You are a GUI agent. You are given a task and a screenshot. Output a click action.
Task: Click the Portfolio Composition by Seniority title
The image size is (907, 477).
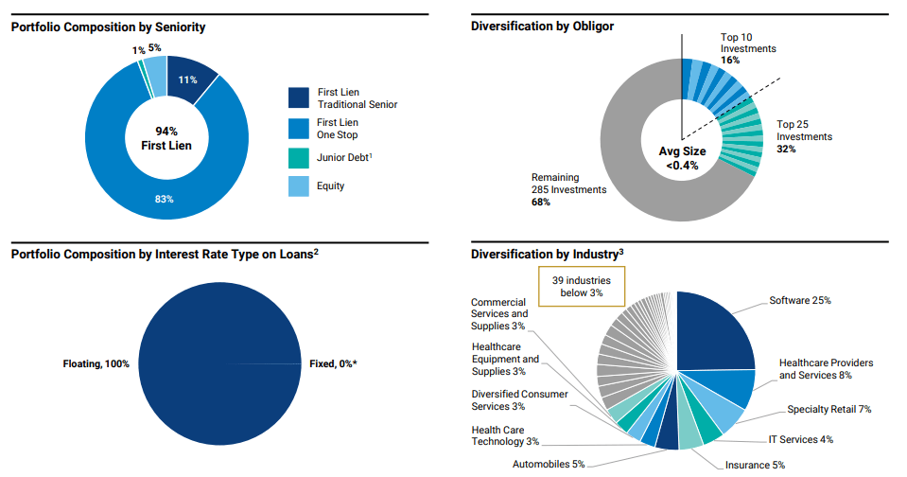coord(108,27)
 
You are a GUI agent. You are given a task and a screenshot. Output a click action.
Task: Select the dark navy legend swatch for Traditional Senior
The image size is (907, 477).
coord(299,97)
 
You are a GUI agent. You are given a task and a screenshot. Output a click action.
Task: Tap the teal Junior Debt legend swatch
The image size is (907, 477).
coord(299,158)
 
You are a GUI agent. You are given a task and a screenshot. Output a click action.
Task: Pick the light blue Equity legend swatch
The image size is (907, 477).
coord(299,186)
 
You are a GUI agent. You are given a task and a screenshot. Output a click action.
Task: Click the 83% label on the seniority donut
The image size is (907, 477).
coord(165,200)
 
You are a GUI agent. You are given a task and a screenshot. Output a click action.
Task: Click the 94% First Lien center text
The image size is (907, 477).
coord(166,137)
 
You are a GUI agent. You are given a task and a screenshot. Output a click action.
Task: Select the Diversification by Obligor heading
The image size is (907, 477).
coord(542,26)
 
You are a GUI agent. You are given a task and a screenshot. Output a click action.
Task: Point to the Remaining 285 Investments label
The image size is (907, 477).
coord(568,189)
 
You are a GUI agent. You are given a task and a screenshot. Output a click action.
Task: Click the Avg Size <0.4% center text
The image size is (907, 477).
coord(682,158)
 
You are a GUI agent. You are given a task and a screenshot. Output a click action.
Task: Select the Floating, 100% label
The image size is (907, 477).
coord(96,363)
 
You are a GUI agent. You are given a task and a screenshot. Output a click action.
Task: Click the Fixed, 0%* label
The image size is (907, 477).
coord(333,363)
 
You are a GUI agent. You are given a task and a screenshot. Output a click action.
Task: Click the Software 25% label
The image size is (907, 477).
coord(799,300)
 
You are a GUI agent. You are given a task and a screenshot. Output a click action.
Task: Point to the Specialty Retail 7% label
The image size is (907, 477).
coord(829,410)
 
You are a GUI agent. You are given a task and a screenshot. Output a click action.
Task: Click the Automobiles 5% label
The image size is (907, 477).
coord(549,464)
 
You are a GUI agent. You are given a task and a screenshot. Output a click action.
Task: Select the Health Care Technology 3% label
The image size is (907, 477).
coord(505,435)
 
